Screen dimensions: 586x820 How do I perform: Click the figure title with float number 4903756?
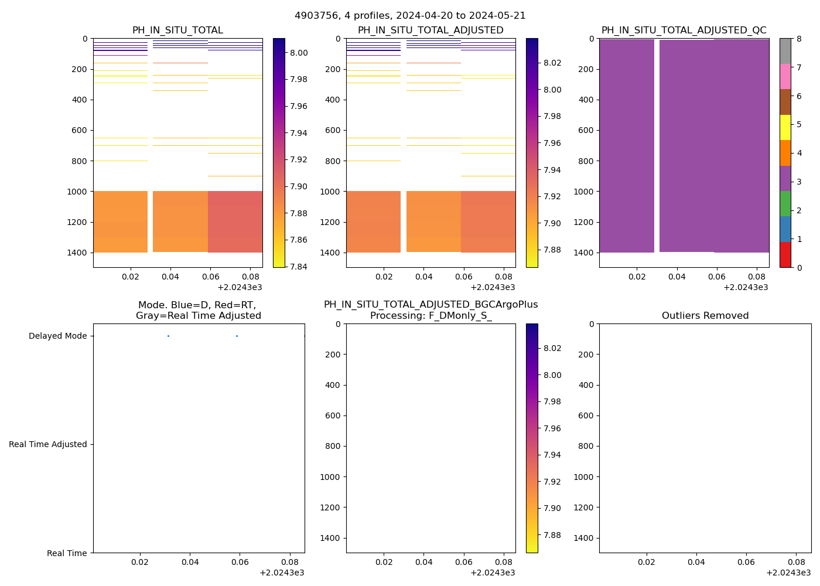pyautogui.click(x=410, y=16)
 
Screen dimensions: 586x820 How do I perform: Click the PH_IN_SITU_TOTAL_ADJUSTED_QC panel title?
pyautogui.click(x=684, y=30)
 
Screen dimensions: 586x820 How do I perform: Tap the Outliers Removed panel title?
pyautogui.click(x=705, y=316)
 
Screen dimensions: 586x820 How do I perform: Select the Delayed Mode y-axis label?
pyautogui.click(x=57, y=336)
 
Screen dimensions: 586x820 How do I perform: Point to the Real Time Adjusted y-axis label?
pyautogui.click(x=48, y=445)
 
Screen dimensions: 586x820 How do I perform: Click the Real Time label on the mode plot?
pyautogui.click(x=67, y=553)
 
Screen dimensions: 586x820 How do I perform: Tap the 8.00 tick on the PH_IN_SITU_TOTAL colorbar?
pyautogui.click(x=299, y=53)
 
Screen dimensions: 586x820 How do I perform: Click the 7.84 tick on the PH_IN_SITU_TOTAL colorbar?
pyautogui.click(x=299, y=267)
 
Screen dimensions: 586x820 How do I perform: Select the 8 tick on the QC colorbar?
pyautogui.click(x=798, y=39)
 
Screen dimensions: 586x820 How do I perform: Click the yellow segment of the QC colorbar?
pyautogui.click(x=785, y=127)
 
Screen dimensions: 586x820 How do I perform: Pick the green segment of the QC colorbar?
pyautogui.click(x=785, y=203)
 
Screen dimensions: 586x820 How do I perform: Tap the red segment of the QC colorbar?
pyautogui.click(x=785, y=255)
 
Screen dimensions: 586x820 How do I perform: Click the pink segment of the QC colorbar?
pyautogui.click(x=785, y=77)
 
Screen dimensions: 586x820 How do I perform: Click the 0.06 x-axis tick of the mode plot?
pyautogui.click(x=240, y=562)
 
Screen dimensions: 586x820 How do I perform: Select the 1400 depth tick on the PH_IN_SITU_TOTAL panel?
pyautogui.click(x=77, y=253)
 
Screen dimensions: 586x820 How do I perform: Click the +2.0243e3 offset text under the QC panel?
pyautogui.click(x=746, y=288)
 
